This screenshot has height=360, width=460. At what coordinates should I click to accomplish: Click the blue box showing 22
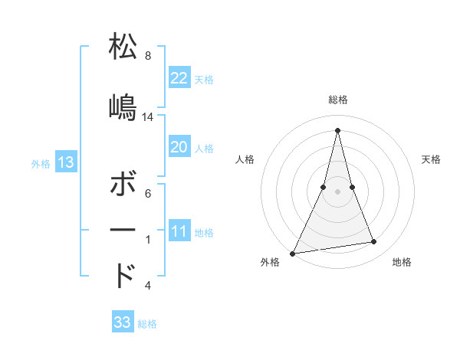[x=179, y=78]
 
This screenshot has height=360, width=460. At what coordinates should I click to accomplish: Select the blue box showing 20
[x=179, y=147]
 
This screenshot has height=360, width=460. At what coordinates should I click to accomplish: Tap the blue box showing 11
[x=179, y=232]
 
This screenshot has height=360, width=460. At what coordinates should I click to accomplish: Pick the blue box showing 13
[x=66, y=162]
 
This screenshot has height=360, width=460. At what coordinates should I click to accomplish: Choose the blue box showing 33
[x=123, y=322]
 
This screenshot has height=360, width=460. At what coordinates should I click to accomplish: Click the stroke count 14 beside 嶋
[x=148, y=117]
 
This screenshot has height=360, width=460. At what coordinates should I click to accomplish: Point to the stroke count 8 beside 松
[x=148, y=56]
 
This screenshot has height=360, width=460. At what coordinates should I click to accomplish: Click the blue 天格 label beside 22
[x=204, y=80]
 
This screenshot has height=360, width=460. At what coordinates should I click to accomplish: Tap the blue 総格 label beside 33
[x=147, y=324]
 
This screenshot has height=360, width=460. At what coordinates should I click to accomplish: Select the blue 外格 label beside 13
[x=41, y=163]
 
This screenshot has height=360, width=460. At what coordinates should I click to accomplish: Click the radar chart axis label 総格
[x=338, y=100]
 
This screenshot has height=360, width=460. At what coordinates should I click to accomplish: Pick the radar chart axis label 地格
[x=402, y=263]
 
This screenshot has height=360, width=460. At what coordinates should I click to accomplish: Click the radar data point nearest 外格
[x=293, y=253]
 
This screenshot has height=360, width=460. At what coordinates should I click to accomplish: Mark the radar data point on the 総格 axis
[x=337, y=129]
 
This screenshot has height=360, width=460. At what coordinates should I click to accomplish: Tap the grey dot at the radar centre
[x=337, y=191]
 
